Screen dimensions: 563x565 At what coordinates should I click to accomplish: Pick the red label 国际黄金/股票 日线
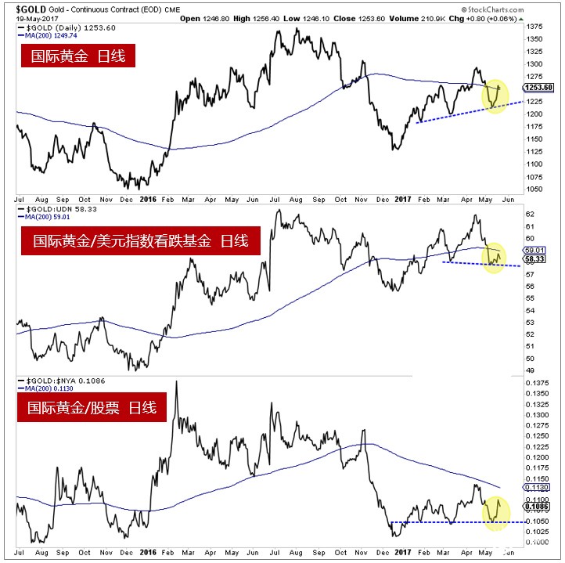(x=92, y=408)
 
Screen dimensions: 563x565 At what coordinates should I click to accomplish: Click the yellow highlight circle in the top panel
(x=496, y=95)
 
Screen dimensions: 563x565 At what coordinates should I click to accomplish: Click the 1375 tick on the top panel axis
(x=535, y=27)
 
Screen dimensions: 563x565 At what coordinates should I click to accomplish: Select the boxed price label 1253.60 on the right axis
(x=542, y=88)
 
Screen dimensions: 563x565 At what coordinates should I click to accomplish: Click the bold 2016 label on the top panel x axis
(x=147, y=199)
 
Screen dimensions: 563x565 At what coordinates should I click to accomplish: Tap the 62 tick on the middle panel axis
(x=531, y=214)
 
